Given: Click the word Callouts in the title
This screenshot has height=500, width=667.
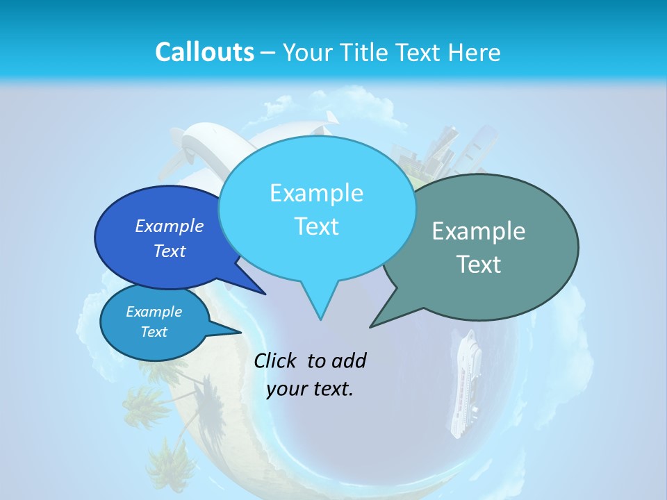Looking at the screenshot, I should (204, 52).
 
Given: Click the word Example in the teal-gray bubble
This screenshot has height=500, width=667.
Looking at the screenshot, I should (479, 231).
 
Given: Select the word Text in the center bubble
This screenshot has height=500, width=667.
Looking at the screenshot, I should (316, 226).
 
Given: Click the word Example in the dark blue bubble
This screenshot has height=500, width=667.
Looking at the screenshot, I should (170, 226).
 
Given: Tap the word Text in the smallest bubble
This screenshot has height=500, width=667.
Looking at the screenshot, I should (154, 332).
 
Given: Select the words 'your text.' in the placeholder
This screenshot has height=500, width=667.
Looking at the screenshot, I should (310, 389).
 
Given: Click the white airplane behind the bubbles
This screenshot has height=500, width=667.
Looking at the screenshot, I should (208, 146).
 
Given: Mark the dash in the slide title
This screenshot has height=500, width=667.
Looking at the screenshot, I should (269, 53).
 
